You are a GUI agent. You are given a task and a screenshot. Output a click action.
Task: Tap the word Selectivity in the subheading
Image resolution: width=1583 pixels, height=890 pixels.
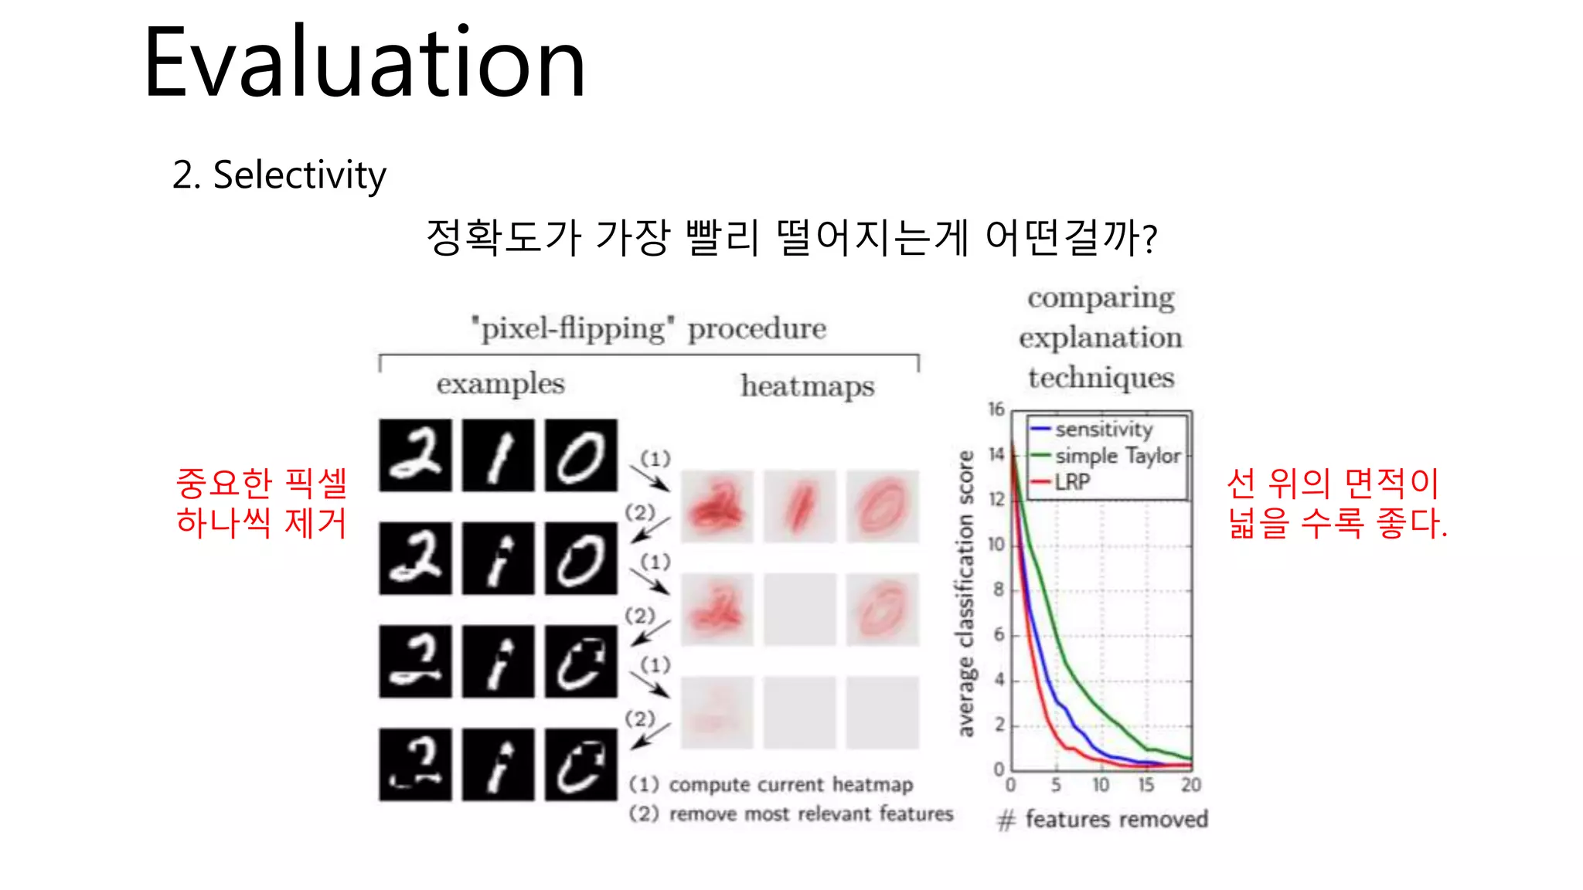pyautogui.click(x=299, y=175)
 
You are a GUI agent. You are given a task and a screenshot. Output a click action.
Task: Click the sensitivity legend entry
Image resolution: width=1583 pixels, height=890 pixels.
pyautogui.click(x=1103, y=429)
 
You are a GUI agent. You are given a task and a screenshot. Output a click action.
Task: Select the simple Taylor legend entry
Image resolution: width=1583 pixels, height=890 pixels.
pyautogui.click(x=1118, y=456)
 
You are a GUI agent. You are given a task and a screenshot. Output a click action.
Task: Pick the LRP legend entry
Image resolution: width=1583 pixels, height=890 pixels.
pyautogui.click(x=1073, y=482)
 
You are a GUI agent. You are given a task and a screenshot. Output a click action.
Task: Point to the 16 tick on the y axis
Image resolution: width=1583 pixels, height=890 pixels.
pyautogui.click(x=996, y=409)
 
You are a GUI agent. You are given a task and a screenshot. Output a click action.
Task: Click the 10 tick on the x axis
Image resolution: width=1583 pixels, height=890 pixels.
pyautogui.click(x=1101, y=786)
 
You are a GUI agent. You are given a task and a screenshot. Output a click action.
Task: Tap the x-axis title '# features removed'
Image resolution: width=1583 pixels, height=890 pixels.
pyautogui.click(x=1103, y=819)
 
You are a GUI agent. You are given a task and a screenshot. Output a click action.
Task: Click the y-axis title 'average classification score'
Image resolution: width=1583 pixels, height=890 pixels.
pyautogui.click(x=965, y=593)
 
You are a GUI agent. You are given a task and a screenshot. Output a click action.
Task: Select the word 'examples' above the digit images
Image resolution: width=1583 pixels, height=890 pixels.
pyautogui.click(x=500, y=384)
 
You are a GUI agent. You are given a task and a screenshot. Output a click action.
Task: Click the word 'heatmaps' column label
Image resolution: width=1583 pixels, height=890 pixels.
pyautogui.click(x=808, y=386)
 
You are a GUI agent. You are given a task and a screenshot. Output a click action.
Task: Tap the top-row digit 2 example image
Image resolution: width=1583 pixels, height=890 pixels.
pyautogui.click(x=415, y=455)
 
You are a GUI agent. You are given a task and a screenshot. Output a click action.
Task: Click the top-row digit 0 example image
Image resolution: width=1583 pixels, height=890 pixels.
pyautogui.click(x=580, y=455)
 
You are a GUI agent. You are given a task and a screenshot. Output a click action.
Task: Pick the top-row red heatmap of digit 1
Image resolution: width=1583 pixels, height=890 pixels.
pyautogui.click(x=800, y=506)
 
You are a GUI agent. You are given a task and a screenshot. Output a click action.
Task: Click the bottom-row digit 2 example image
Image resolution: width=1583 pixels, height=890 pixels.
pyautogui.click(x=415, y=764)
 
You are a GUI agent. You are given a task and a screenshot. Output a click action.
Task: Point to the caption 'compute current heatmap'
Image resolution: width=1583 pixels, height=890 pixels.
pyautogui.click(x=790, y=785)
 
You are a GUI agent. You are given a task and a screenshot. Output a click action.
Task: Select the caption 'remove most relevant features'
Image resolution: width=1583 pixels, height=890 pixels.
pyautogui.click(x=811, y=814)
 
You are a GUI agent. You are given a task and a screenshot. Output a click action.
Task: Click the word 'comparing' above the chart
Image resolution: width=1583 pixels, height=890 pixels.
pyautogui.click(x=1101, y=298)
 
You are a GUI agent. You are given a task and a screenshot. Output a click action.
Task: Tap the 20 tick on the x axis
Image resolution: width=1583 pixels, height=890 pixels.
pyautogui.click(x=1191, y=786)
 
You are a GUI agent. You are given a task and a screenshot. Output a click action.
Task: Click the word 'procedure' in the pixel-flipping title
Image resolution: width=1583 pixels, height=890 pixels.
pyautogui.click(x=757, y=329)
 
